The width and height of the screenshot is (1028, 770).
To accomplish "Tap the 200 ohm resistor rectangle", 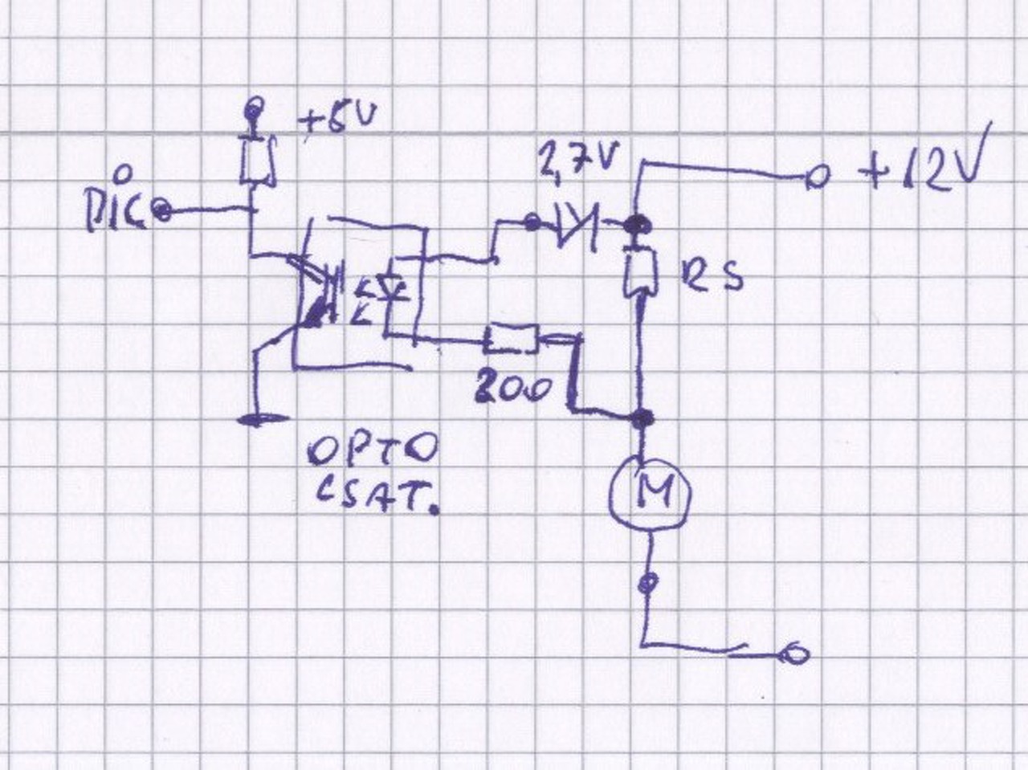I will click(511, 340).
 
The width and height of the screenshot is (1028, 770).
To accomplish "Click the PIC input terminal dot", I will click(161, 211).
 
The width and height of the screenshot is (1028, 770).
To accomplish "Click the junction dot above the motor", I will click(642, 418).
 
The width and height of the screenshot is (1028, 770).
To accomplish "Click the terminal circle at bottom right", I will click(796, 654).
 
